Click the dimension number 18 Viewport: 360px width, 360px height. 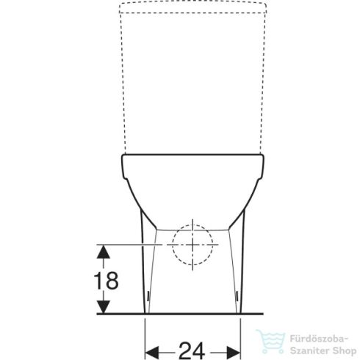pos(105,281)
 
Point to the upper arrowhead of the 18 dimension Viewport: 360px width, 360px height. pos(105,251)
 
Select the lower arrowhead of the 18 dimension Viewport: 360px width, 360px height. pos(105,308)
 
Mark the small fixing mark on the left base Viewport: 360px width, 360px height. pos(148,298)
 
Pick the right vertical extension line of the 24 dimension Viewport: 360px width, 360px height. pos(241,327)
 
